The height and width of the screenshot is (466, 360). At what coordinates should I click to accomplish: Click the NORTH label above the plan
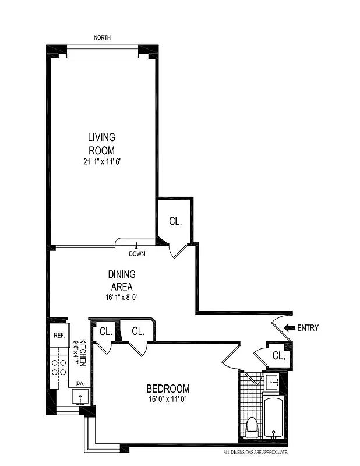click(x=102, y=38)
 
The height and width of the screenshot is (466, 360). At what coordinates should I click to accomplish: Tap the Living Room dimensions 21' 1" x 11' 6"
click(x=102, y=161)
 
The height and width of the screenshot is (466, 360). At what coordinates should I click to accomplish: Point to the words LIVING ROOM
click(x=102, y=143)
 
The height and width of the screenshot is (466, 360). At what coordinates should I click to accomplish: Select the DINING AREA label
click(x=122, y=280)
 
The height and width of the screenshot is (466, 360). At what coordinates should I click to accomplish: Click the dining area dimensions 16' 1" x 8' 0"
click(x=122, y=296)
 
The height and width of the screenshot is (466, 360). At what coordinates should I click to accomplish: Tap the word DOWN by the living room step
click(x=137, y=253)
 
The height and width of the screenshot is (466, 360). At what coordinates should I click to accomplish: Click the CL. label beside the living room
click(x=175, y=221)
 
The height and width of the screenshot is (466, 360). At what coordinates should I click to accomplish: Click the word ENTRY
click(x=308, y=328)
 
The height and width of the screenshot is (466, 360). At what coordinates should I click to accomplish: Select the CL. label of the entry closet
click(x=278, y=356)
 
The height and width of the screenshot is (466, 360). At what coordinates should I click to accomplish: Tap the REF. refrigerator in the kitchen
click(x=59, y=336)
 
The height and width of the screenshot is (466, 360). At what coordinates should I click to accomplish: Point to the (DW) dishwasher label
click(x=80, y=383)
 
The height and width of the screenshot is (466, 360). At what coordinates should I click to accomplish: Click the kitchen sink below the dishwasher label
click(x=80, y=397)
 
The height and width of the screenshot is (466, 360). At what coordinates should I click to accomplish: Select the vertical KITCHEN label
click(x=83, y=352)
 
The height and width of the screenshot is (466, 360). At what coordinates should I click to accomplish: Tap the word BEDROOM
click(x=168, y=389)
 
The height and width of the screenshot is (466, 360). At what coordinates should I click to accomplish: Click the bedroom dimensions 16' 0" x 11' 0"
click(x=168, y=400)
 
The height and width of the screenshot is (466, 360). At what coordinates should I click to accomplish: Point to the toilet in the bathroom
click(x=252, y=427)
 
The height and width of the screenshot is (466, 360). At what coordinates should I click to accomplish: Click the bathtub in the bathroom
click(x=273, y=416)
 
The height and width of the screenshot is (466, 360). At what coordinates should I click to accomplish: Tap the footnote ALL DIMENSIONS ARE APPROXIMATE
click(x=256, y=452)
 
